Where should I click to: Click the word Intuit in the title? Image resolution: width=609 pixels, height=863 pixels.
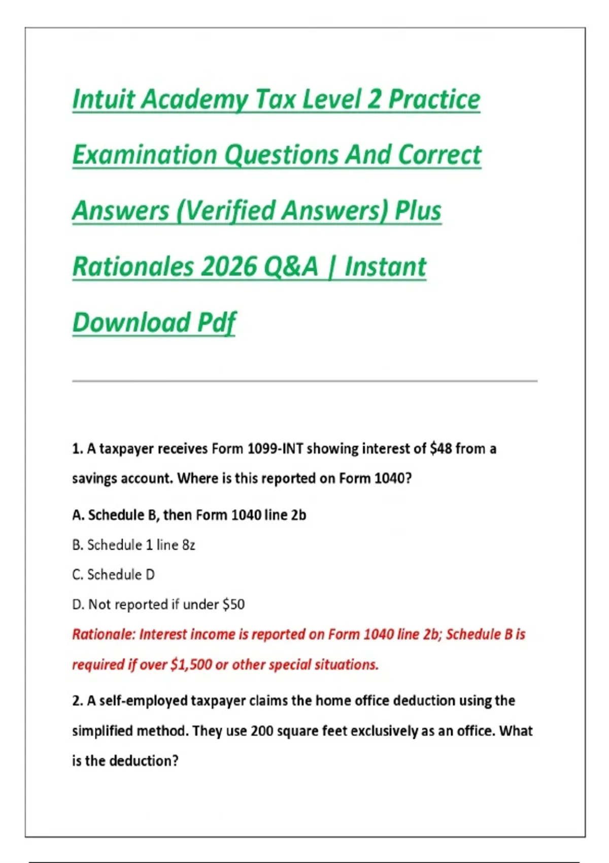coord(104,99)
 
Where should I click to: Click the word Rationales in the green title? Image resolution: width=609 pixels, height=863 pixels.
coord(133,267)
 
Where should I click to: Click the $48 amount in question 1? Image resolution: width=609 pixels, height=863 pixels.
coord(441,449)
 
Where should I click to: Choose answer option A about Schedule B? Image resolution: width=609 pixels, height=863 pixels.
coord(189,515)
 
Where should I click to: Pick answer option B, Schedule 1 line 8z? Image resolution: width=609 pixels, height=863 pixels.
coord(133,545)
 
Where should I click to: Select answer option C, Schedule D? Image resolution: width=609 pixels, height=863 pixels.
coord(113,575)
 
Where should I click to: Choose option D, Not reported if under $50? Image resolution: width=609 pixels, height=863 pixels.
coord(158,605)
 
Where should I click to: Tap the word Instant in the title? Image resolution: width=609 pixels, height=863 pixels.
coord(385,267)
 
